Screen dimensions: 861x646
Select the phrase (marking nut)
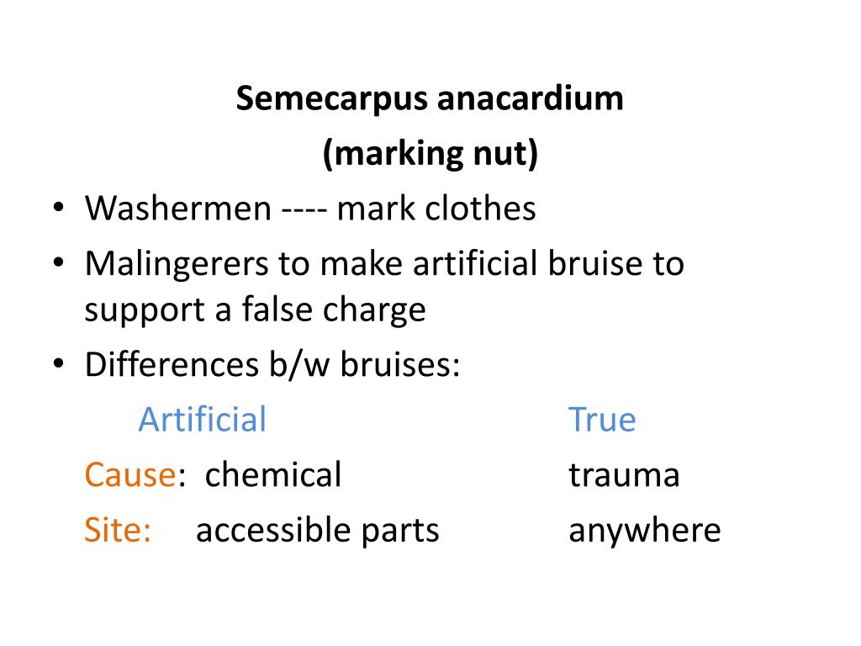pos(430,155)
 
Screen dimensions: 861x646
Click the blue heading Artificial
pos(202,419)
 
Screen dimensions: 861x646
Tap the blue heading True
pos(602,419)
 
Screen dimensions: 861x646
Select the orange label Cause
pos(129,475)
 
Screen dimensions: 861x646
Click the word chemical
pos(273,475)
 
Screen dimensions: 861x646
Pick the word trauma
pos(624,476)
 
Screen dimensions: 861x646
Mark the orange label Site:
pos(117,531)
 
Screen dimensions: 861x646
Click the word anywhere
pos(644,532)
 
